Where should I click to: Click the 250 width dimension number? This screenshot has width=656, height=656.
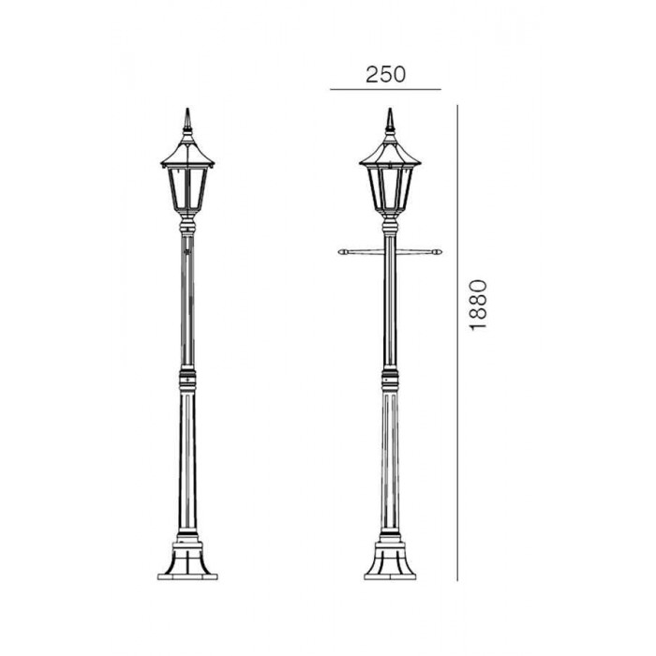click(x=385, y=74)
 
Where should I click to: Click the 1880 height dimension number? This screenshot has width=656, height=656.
click(x=479, y=306)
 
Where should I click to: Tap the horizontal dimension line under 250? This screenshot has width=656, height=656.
click(x=385, y=89)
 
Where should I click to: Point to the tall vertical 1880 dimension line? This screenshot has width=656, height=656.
click(x=457, y=343)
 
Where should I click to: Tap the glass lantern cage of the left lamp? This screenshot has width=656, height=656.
click(x=187, y=189)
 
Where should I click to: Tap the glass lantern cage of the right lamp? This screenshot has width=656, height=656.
click(x=391, y=188)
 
